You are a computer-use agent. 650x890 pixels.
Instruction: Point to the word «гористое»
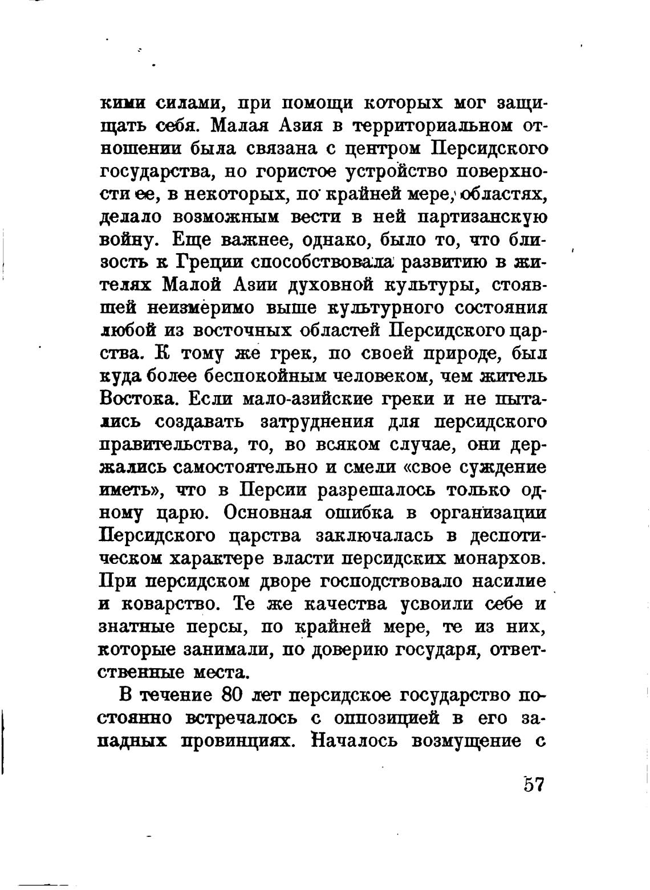point(304,172)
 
